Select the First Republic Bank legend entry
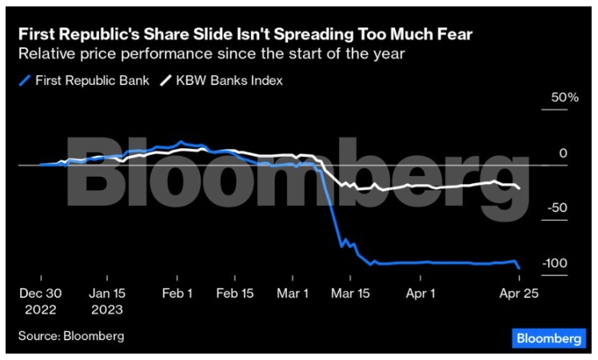click(x=83, y=80)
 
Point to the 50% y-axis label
click(x=559, y=97)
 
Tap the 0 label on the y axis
click(x=563, y=153)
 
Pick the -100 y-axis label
click(x=556, y=263)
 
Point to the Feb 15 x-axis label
click(x=235, y=293)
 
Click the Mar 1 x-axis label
click(x=293, y=293)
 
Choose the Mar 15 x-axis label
click(x=352, y=293)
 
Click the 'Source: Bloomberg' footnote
click(x=71, y=335)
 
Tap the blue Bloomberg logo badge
click(x=548, y=338)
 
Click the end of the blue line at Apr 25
click(x=519, y=268)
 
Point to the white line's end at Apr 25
click(x=520, y=188)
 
